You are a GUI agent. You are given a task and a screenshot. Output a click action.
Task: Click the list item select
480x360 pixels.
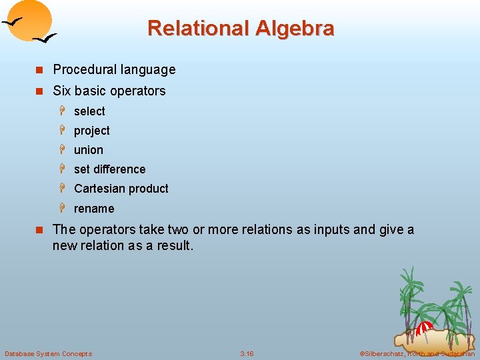89,111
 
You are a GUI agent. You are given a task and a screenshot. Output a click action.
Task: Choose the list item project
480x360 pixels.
91,131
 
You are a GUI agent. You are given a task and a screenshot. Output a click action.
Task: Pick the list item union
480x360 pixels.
89,150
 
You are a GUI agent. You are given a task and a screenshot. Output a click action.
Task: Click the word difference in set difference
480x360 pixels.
120,169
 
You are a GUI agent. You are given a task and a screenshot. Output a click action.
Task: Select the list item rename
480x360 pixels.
94,209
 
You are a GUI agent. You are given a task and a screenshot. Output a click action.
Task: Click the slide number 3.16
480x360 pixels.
247,353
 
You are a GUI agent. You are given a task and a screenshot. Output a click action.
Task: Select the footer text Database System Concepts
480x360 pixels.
48,353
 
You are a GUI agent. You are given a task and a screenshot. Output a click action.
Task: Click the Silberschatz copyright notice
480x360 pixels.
417,353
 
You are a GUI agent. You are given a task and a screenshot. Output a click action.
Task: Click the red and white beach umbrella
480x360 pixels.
425,327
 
